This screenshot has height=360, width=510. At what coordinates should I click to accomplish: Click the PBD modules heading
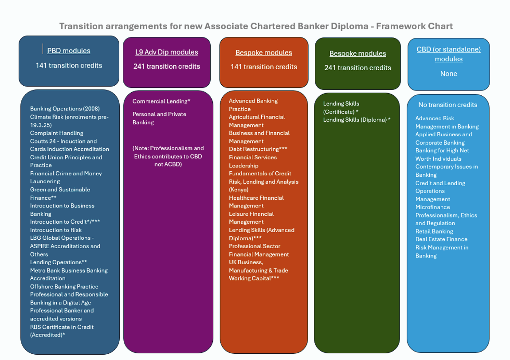[69, 51]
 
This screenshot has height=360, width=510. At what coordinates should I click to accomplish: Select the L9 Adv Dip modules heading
[167, 52]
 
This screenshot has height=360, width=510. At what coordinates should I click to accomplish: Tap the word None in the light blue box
[448, 74]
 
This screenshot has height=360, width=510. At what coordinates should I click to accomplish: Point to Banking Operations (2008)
[65, 109]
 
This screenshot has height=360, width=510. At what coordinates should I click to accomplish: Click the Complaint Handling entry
[56, 133]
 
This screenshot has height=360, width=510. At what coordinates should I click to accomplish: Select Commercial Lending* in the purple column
[161, 101]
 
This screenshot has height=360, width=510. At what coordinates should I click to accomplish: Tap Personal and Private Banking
[159, 118]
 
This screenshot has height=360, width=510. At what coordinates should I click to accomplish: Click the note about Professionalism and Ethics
[168, 156]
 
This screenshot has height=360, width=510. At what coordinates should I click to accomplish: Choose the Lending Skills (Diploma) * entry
[357, 119]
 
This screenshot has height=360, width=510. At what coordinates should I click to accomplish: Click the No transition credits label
[448, 105]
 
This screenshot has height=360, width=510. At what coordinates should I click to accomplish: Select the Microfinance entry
[432, 207]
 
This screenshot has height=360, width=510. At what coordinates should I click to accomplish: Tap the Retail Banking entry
[434, 231]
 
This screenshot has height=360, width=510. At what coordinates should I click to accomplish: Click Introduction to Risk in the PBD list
[56, 230]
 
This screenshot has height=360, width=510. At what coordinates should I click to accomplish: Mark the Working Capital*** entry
[254, 278]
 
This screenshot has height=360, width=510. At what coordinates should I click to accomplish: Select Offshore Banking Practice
[64, 286]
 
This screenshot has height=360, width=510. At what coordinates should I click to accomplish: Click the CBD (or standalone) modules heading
[448, 54]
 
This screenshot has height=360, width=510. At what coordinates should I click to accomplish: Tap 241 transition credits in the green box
[357, 67]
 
